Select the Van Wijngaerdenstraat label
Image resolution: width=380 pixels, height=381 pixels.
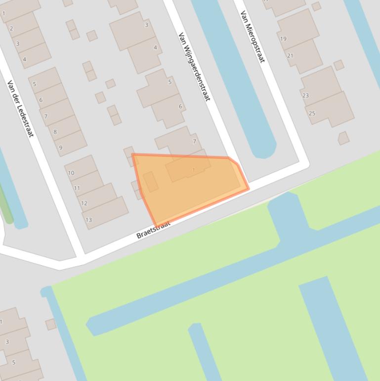(x=194, y=66)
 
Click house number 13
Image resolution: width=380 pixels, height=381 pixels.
(x=88, y=220)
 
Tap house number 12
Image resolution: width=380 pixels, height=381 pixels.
(x=84, y=203)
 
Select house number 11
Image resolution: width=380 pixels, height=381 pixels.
(x=77, y=188)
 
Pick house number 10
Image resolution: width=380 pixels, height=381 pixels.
(x=71, y=173)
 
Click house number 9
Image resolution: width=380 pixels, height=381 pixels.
(x=61, y=147)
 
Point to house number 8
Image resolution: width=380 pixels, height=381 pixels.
(x=55, y=132)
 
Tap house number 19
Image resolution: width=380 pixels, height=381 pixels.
(x=283, y=39)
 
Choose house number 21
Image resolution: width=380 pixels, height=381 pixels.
(x=290, y=55)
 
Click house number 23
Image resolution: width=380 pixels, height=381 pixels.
(x=305, y=95)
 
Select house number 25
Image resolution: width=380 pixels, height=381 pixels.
(x=312, y=113)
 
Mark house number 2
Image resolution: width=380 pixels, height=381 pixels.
(x=11, y=29)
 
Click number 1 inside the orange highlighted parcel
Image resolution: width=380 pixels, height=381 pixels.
(x=194, y=170)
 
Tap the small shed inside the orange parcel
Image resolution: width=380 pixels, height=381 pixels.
(x=151, y=182)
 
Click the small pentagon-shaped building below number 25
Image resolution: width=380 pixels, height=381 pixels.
(x=343, y=138)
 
